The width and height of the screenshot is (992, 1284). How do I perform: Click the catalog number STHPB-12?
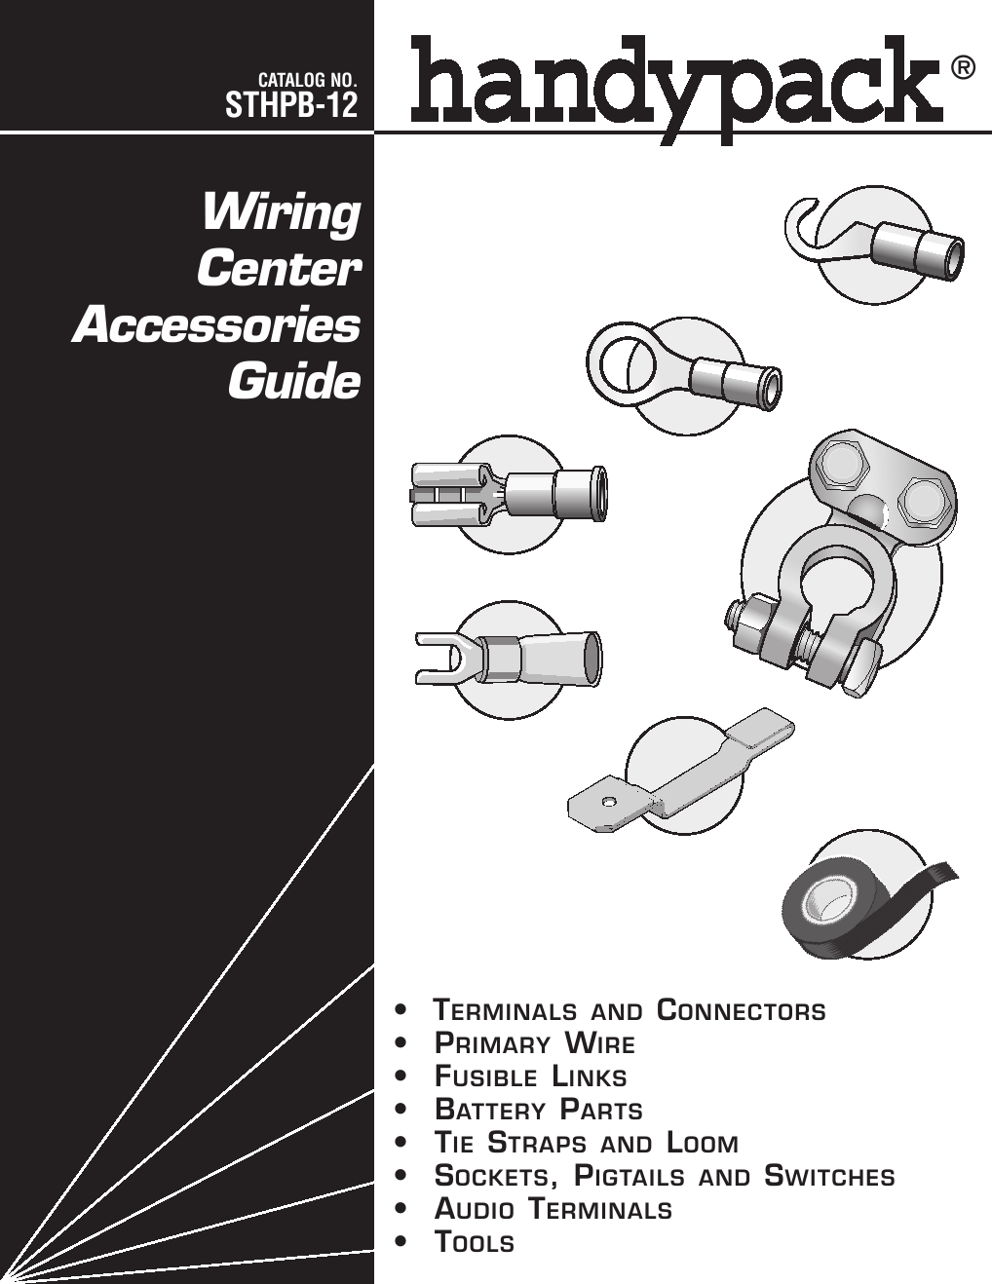[291, 104]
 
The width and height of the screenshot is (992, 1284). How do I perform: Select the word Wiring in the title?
[281, 212]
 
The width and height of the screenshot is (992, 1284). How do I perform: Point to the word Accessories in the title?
[216, 325]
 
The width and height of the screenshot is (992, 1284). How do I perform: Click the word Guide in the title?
[294, 381]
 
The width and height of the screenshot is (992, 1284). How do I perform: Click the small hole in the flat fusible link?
[608, 802]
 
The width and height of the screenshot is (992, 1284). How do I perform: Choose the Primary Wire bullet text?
[534, 1044]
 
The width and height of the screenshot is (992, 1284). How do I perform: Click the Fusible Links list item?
[530, 1077]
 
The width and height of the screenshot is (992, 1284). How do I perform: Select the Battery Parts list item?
[538, 1111]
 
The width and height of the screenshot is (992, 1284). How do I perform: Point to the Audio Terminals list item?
[553, 1210]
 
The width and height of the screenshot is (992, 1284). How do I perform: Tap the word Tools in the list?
[474, 1243]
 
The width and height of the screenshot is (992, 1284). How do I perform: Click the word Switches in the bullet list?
[829, 1177]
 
